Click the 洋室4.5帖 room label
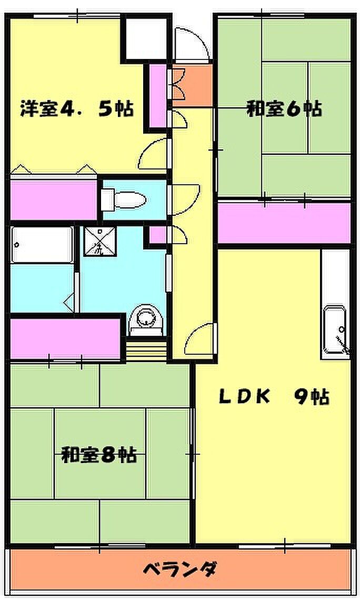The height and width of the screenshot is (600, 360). [x=76, y=108]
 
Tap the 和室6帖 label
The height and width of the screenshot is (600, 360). [x=284, y=108]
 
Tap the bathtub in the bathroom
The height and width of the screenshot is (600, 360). [x=42, y=245]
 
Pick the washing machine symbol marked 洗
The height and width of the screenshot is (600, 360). [x=99, y=241]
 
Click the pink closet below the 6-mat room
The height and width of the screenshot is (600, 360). [x=284, y=222]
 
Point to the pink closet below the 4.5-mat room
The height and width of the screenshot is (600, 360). [x=54, y=199]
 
